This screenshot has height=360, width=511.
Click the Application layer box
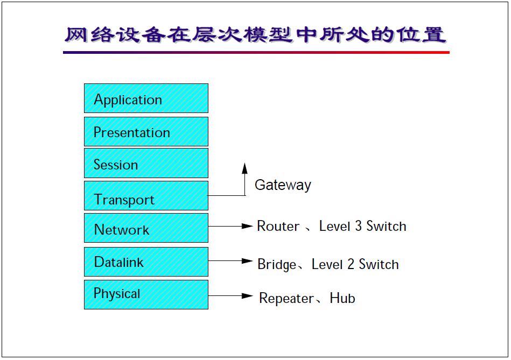click(146, 98)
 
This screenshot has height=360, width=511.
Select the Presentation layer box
click(146, 131)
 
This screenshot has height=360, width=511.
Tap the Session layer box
click(146, 163)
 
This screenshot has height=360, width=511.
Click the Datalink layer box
click(146, 262)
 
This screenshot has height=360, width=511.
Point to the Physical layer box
click(146, 294)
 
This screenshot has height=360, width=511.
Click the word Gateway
click(283, 185)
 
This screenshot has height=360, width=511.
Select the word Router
click(278, 226)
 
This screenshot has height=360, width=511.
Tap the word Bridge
click(277, 265)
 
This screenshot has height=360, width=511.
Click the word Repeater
click(286, 298)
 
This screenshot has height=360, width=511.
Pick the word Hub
click(342, 298)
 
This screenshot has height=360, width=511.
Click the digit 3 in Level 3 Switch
click(358, 226)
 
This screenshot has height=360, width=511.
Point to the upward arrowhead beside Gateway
click(245, 168)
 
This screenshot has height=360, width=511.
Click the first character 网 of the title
click(76, 34)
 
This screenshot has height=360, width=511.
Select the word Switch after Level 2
click(379, 264)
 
